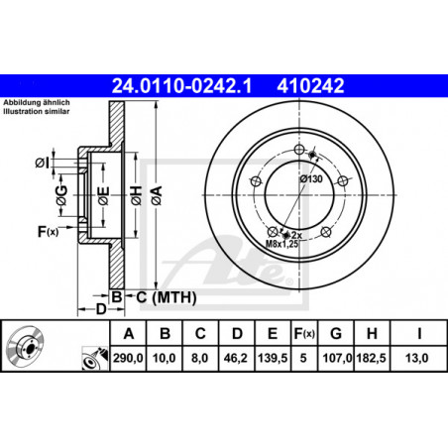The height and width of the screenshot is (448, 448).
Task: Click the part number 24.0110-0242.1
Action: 181,86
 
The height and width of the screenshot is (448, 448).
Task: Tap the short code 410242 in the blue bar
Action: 310,86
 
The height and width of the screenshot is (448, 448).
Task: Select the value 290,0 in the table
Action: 128,358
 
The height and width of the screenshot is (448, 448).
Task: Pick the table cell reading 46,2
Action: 235,358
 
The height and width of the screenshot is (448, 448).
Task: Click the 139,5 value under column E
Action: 273,358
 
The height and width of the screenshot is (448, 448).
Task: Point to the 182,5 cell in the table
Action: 371,358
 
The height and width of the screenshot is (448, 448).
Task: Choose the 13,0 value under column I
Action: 416,358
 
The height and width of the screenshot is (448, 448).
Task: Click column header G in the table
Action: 336,334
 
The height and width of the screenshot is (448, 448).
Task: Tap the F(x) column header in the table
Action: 304,334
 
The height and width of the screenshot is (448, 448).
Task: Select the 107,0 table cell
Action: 336,358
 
